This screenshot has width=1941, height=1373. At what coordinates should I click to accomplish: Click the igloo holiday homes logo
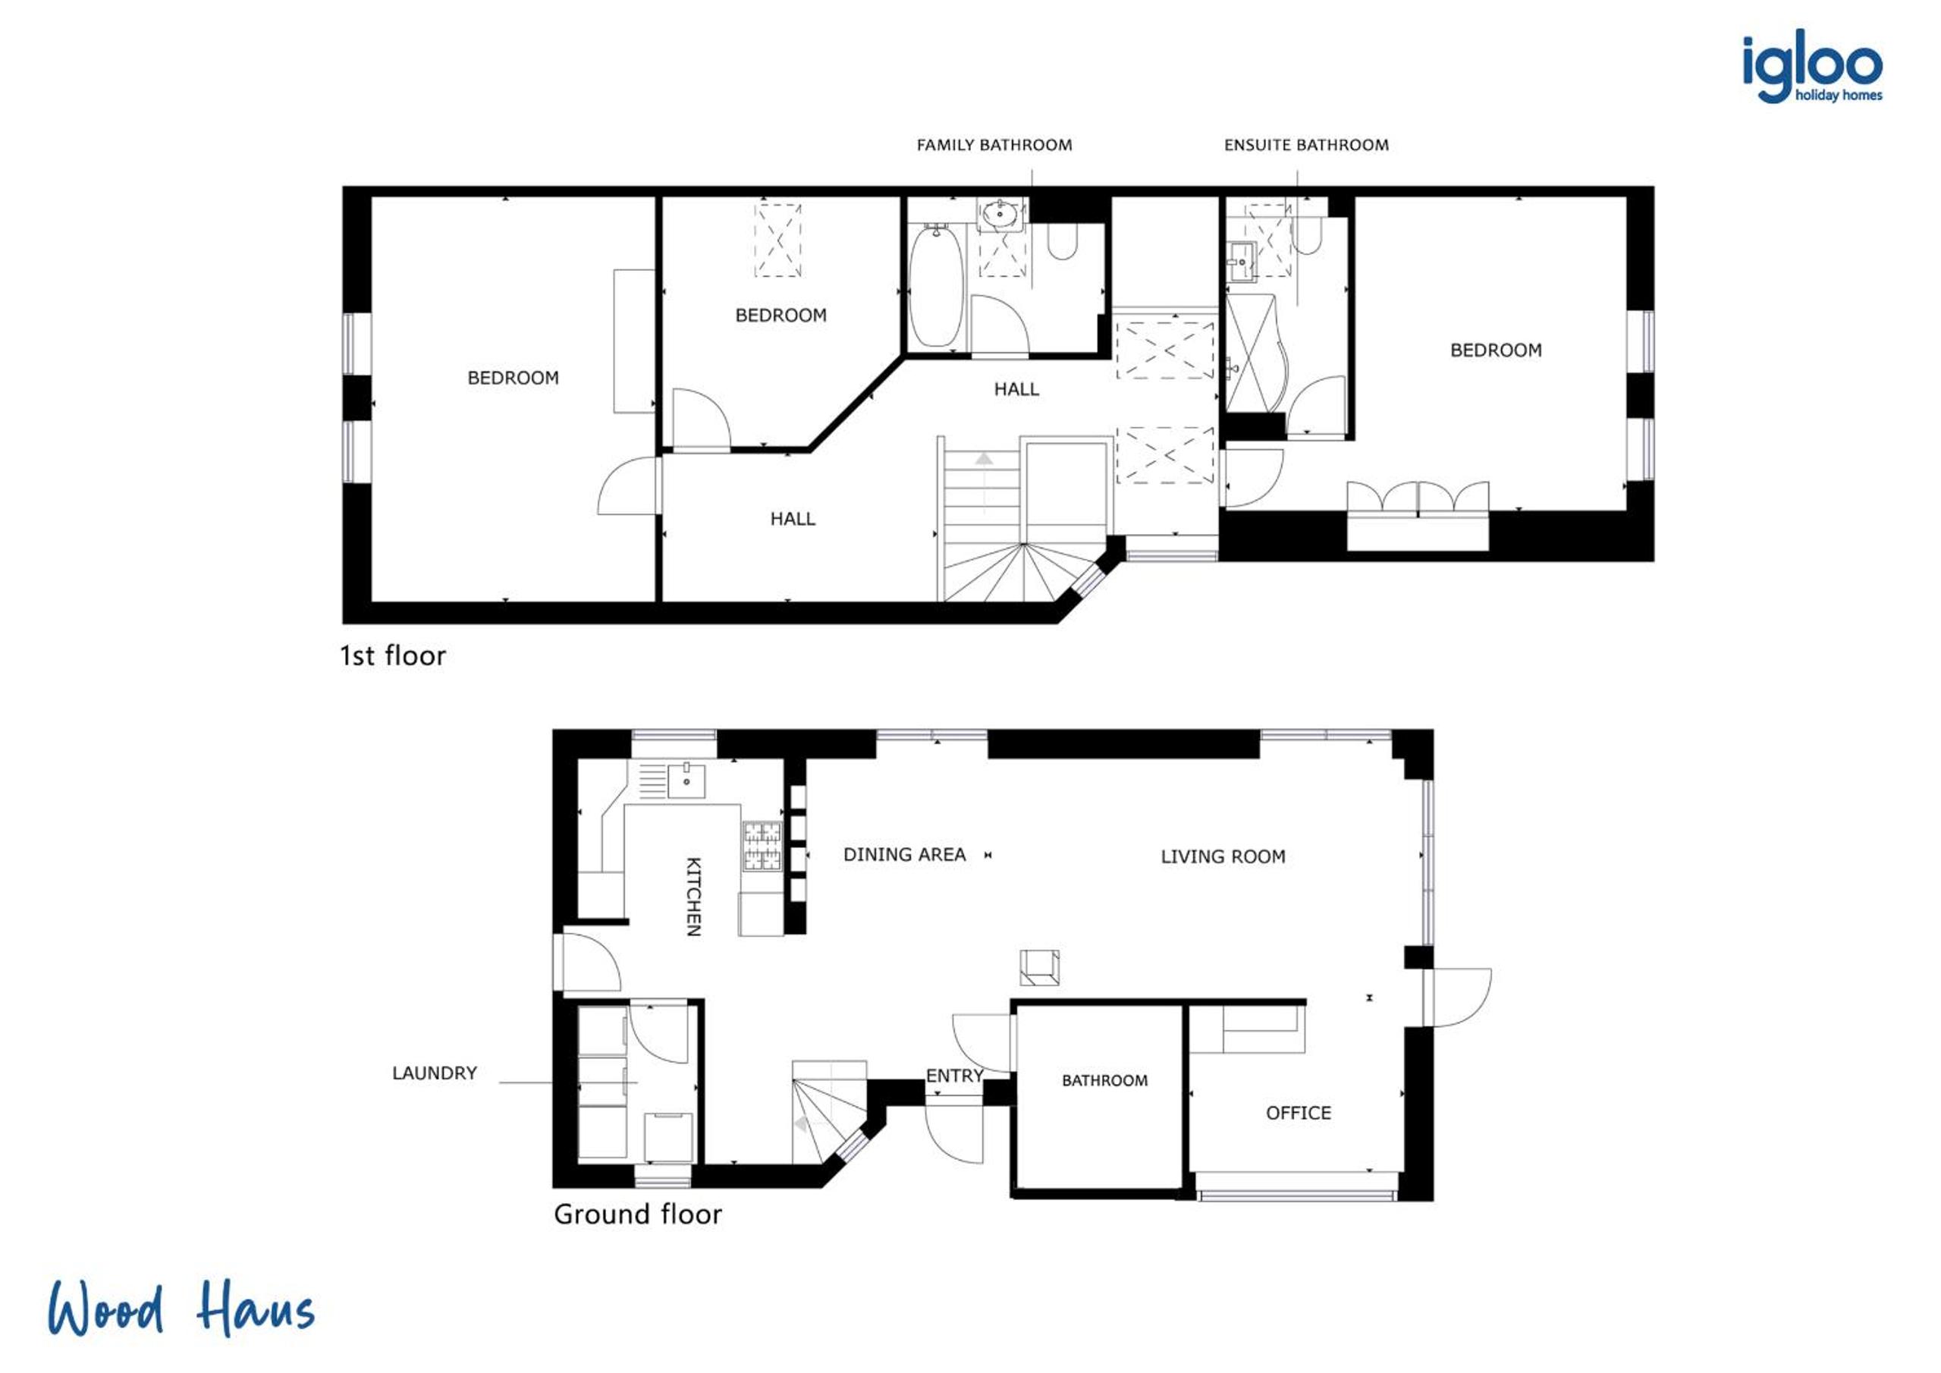click(1811, 67)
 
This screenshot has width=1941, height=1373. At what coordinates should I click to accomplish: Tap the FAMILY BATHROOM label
click(994, 146)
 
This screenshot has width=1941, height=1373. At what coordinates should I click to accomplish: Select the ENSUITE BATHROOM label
click(1306, 146)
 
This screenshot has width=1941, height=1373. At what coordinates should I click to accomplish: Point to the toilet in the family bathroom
click(1063, 241)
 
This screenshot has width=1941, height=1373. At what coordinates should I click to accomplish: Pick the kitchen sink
click(686, 780)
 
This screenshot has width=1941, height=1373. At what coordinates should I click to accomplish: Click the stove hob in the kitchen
click(762, 847)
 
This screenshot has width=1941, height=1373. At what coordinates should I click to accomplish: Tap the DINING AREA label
click(905, 855)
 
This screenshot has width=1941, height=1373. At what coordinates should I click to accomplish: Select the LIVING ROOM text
click(1223, 856)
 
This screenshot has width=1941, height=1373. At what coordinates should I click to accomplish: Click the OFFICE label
click(1298, 1113)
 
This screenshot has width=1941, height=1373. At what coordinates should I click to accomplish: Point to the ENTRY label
click(954, 1076)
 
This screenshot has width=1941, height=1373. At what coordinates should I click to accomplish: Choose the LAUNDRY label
click(435, 1073)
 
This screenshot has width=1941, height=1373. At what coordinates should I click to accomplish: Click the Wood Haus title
click(181, 1309)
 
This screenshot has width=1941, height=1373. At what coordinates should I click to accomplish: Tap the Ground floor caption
click(637, 1214)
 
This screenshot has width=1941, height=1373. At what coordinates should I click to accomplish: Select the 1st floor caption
click(392, 655)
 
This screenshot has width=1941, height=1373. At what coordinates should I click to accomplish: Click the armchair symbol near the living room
click(1040, 968)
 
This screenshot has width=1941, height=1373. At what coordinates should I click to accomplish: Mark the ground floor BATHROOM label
click(1105, 1080)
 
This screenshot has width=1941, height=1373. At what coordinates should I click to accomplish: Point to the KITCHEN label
click(693, 897)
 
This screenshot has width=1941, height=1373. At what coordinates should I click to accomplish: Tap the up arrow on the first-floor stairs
click(984, 459)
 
